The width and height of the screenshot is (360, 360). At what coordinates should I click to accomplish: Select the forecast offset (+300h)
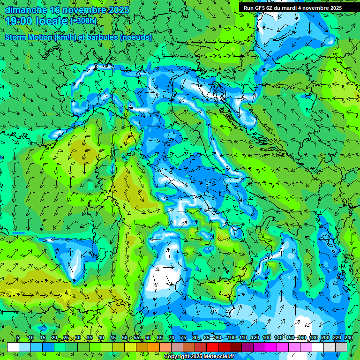[x=83, y=21]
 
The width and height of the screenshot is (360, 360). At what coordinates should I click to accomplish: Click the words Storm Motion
[x=29, y=37]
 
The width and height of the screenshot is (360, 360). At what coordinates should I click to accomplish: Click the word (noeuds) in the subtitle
[x=135, y=37]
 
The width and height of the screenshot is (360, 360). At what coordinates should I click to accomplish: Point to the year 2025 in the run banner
[x=335, y=8]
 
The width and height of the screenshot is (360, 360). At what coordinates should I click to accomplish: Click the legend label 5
[x=18, y=337]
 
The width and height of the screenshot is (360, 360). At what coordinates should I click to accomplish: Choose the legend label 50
[x=124, y=337]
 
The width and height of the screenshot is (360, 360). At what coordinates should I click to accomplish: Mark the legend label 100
[x=231, y=337]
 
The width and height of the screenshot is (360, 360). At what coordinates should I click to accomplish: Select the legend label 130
[x=267, y=337]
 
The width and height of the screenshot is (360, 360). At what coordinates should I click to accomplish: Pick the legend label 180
[x=313, y=337]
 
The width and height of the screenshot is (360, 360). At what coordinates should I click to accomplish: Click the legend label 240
[x=348, y=337]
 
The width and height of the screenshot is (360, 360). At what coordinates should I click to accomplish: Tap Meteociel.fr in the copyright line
[x=218, y=357]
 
